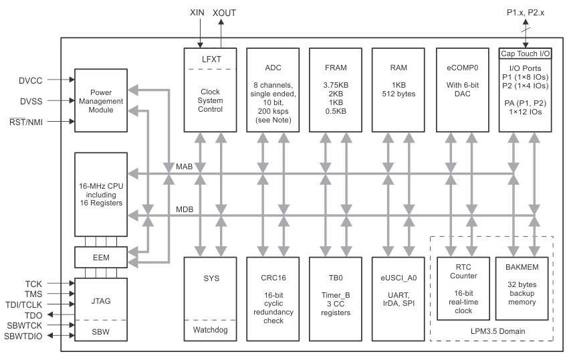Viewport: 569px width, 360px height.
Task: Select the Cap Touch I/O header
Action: tap(525, 54)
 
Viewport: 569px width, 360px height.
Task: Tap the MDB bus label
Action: tap(185, 209)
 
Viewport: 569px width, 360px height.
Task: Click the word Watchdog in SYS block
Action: tap(207, 330)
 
